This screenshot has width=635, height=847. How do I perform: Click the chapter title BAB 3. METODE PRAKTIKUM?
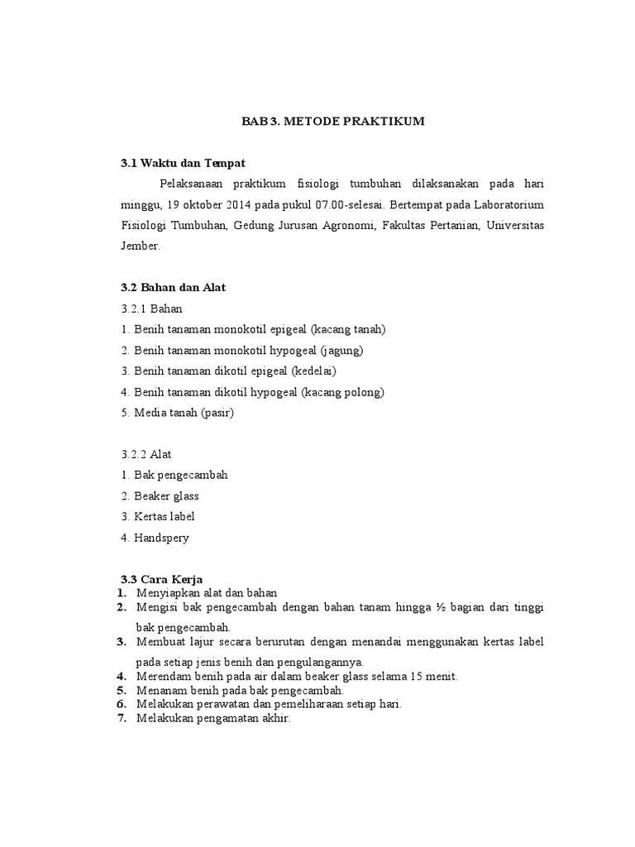click(332, 122)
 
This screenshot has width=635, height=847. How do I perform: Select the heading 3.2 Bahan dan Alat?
click(173, 287)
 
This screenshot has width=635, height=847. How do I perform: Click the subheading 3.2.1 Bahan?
click(151, 309)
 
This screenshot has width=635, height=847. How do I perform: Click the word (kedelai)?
click(310, 371)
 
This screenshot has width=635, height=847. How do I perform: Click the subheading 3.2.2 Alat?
click(146, 454)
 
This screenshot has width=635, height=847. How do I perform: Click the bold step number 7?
click(121, 718)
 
